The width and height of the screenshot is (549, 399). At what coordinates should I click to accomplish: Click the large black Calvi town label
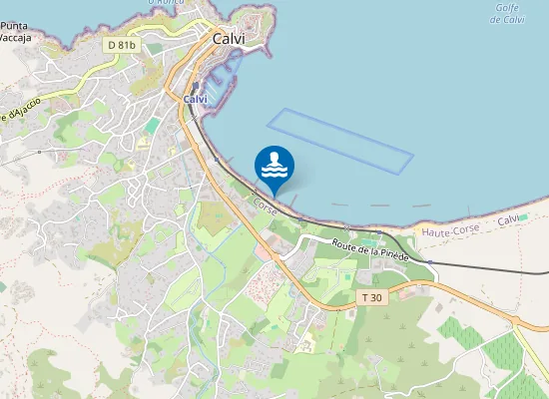coord(229,38)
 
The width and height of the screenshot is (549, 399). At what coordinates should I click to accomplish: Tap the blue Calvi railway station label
coord(196,100)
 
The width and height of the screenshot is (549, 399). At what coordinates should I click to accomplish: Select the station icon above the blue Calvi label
coord(197,87)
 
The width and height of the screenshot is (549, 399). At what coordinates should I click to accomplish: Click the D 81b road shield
coord(121,45)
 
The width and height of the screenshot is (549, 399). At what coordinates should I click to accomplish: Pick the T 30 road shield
coord(370,297)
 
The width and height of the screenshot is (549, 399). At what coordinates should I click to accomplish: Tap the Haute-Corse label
coord(450,230)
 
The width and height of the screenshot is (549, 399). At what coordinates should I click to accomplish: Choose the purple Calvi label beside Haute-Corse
coord(509,219)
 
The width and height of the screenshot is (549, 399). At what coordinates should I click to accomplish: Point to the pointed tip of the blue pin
coord(274,195)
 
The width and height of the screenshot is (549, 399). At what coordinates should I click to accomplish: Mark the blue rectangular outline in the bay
coord(340,140)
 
